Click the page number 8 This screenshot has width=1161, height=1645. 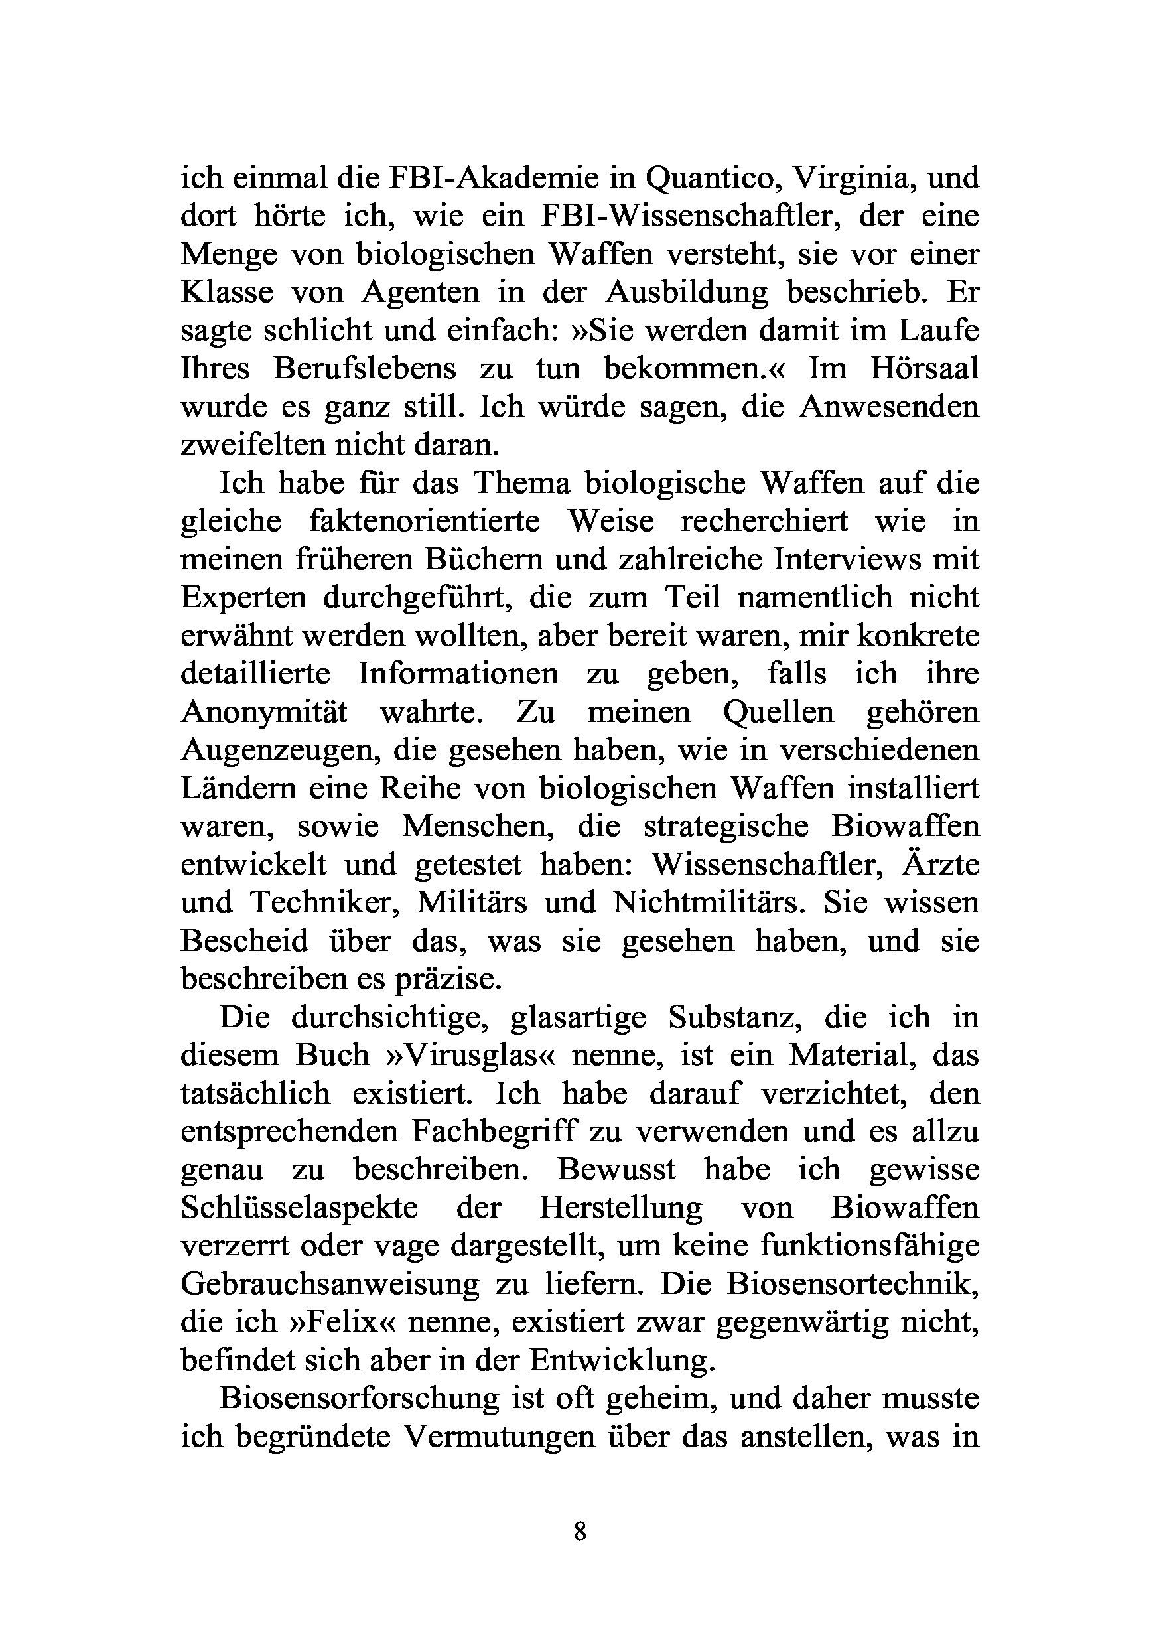[x=580, y=1532]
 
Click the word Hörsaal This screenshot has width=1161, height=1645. [x=924, y=369]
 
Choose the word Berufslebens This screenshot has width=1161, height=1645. [x=365, y=369]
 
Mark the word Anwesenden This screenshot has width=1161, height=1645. [x=889, y=407]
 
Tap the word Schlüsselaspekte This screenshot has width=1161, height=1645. [x=299, y=1208]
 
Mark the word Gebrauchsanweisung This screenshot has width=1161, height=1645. [x=330, y=1284]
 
